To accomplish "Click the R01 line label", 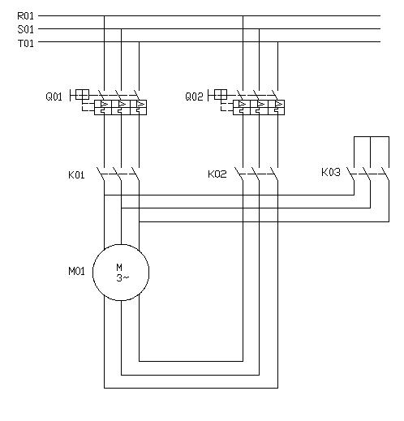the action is click(x=25, y=16).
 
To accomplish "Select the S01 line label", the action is click(x=25, y=29).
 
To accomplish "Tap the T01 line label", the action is click(x=26, y=43).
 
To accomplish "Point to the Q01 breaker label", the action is click(x=54, y=97).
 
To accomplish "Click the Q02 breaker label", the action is click(x=194, y=97).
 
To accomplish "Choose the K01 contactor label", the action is click(x=76, y=174).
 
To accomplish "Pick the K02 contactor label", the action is click(x=217, y=174).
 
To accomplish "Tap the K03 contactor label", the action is click(x=331, y=172).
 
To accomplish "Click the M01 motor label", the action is click(x=76, y=271).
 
